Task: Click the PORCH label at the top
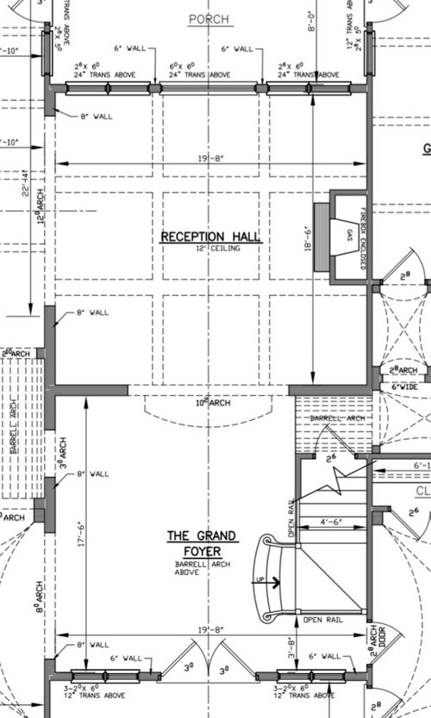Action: tap(210, 18)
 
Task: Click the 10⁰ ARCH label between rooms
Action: tap(209, 402)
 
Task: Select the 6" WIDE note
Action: tap(404, 388)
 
